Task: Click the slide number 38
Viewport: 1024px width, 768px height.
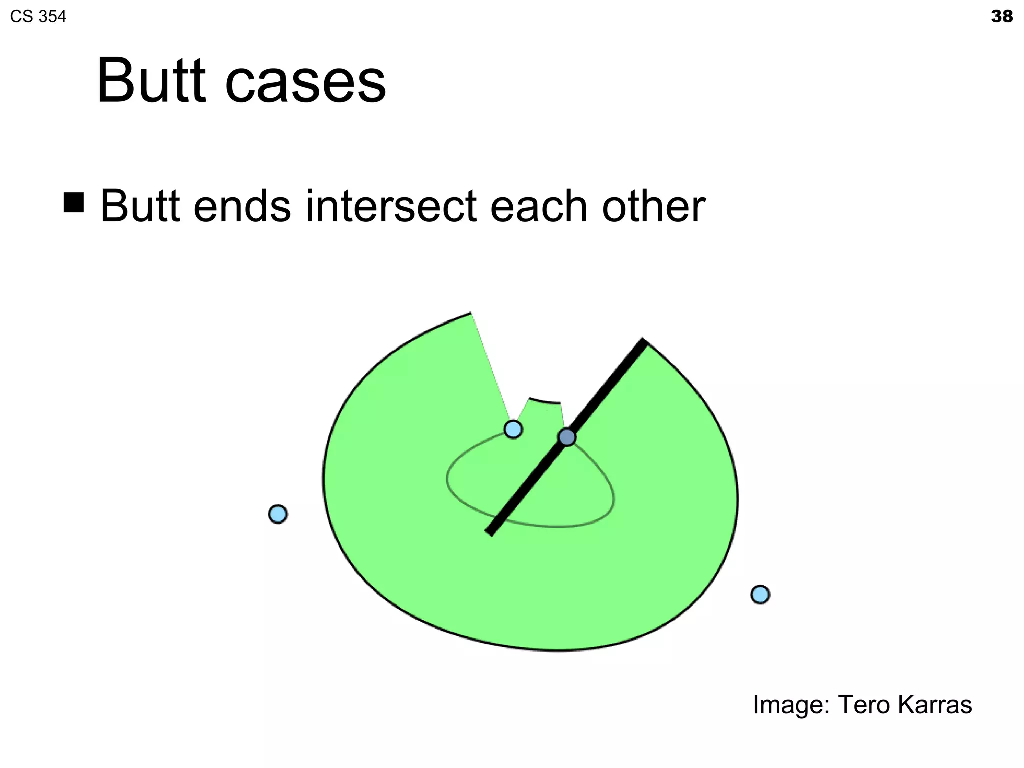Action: coord(1001,17)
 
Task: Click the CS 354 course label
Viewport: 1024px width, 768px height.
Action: coord(38,17)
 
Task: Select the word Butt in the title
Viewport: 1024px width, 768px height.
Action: coord(151,81)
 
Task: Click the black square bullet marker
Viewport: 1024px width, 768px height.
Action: coord(74,202)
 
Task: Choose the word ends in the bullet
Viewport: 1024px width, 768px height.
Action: coord(242,206)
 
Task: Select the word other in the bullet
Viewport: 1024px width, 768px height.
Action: coord(654,206)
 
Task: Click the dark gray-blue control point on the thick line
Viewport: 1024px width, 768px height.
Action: coord(567,437)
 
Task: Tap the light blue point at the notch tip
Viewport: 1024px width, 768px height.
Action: coord(513,429)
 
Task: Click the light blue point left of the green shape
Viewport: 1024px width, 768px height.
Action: coord(278,514)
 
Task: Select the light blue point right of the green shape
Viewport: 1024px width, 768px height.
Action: coord(760,594)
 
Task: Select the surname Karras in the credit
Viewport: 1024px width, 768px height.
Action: coord(935,705)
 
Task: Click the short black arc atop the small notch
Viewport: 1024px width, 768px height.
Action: coord(545,401)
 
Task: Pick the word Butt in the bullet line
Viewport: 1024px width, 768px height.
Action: coord(140,206)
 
